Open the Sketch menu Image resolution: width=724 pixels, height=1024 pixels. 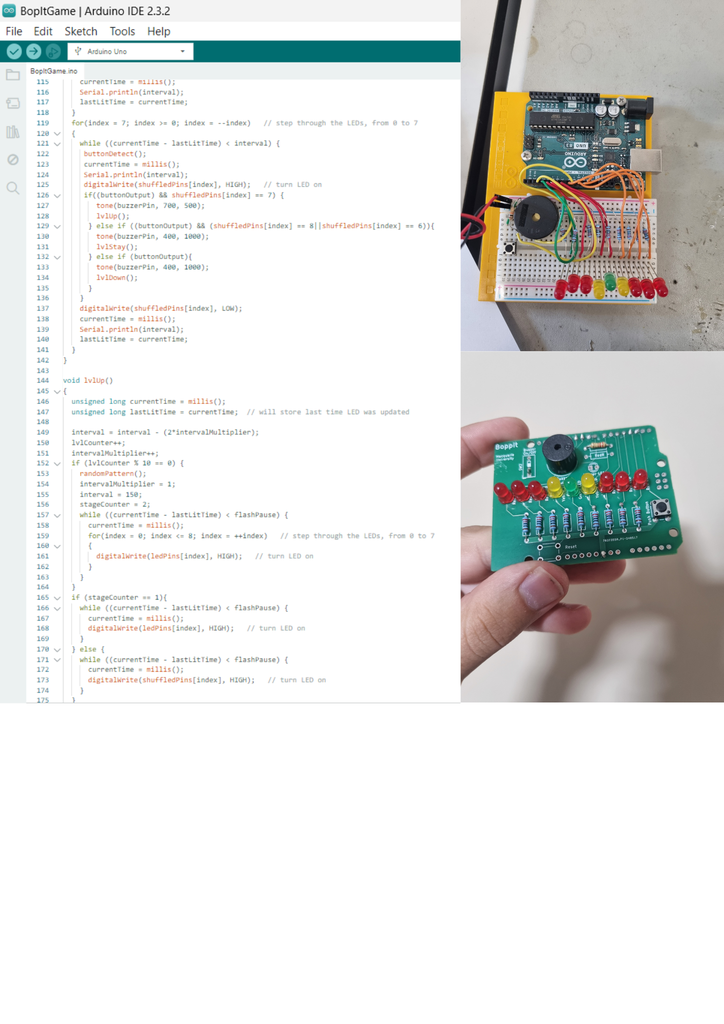pyautogui.click(x=81, y=31)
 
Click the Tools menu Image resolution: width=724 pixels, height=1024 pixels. pyautogui.click(x=122, y=31)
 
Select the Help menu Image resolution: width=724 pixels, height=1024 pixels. pyautogui.click(x=159, y=31)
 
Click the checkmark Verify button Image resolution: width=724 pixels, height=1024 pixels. pyautogui.click(x=14, y=51)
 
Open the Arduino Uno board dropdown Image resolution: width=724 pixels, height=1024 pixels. pyautogui.click(x=131, y=51)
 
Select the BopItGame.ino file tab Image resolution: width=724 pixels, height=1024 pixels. pyautogui.click(x=54, y=71)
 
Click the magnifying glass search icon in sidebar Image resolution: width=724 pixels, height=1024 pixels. pyautogui.click(x=13, y=188)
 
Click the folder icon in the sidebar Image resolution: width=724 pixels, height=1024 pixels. pyautogui.click(x=13, y=75)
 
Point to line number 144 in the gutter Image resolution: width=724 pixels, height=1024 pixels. pyautogui.click(x=43, y=380)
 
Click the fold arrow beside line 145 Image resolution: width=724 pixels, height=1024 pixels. pyautogui.click(x=57, y=391)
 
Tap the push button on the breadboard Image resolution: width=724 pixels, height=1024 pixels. pyautogui.click(x=509, y=249)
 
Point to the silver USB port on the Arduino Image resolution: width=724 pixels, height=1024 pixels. pyautogui.click(x=646, y=161)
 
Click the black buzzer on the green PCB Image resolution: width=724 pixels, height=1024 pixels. pyautogui.click(x=559, y=453)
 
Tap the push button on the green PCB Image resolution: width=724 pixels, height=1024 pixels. pyautogui.click(x=661, y=507)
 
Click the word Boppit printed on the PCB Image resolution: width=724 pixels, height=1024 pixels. pyautogui.click(x=506, y=446)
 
